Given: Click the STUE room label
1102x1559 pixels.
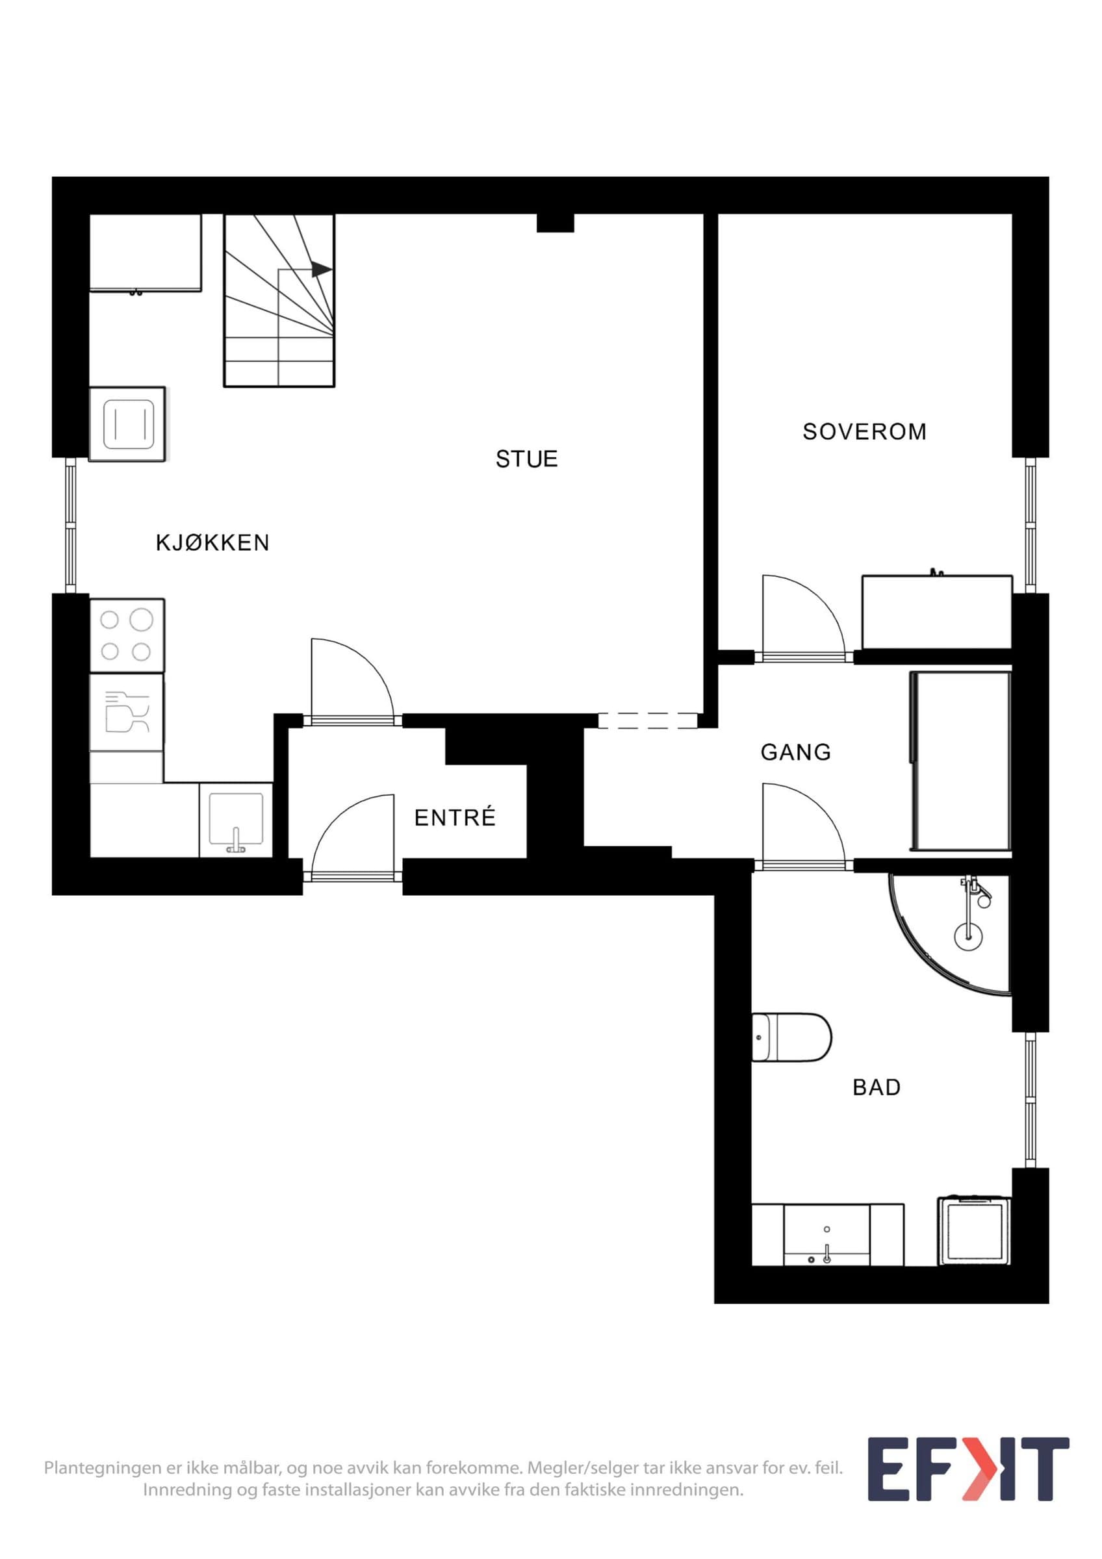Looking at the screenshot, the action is point(526,459).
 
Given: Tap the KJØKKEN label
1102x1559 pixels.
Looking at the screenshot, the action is point(212,542).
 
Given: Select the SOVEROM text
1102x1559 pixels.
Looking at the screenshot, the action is point(864,432).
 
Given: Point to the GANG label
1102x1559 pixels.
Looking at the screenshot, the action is point(796,752).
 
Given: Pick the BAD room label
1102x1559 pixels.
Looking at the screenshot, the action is point(877,1087).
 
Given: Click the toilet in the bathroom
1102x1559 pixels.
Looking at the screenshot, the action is point(791,1056).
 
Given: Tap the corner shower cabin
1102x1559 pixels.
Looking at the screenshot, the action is point(951,933).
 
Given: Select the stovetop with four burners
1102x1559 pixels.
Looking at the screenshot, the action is point(127,635).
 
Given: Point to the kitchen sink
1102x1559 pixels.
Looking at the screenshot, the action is point(237,820).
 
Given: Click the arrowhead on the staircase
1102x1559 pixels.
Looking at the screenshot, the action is point(322,270).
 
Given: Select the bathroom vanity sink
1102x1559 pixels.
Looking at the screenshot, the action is point(827,1235).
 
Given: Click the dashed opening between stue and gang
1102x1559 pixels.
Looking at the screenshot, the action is point(648,720).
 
